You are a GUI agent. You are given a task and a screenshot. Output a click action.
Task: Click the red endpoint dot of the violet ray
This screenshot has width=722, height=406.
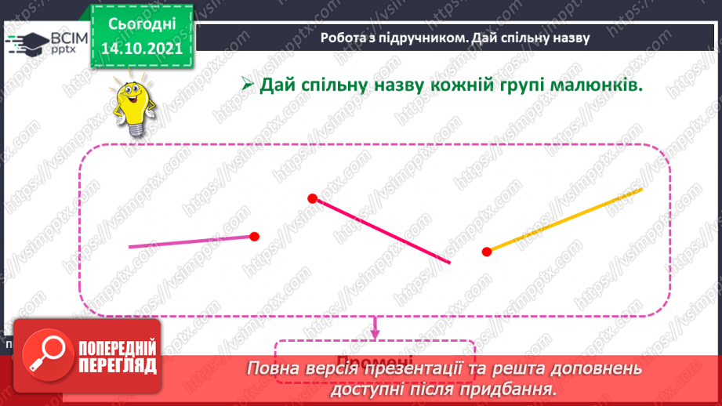pyautogui.click(x=254, y=236)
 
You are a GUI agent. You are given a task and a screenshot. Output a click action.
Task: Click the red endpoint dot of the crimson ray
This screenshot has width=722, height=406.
pyautogui.click(x=312, y=198)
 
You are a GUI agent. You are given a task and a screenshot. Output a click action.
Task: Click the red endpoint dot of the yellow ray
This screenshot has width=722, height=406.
pyautogui.click(x=487, y=251)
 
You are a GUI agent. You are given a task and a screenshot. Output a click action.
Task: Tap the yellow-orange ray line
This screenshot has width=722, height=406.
pyautogui.click(x=564, y=219)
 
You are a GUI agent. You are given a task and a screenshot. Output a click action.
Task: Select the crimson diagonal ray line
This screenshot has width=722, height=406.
pyautogui.click(x=382, y=231)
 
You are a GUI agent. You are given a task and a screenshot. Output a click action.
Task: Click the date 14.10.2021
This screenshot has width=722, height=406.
pyautogui.click(x=142, y=49)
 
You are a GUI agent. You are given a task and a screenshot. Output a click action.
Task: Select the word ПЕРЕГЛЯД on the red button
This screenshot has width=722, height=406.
pyautogui.click(x=117, y=365)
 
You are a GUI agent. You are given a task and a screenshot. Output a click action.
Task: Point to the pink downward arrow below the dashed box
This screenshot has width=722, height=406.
pyautogui.click(x=375, y=328)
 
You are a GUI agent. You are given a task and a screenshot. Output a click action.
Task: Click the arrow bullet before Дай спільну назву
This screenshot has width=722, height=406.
pyautogui.click(x=246, y=85)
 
